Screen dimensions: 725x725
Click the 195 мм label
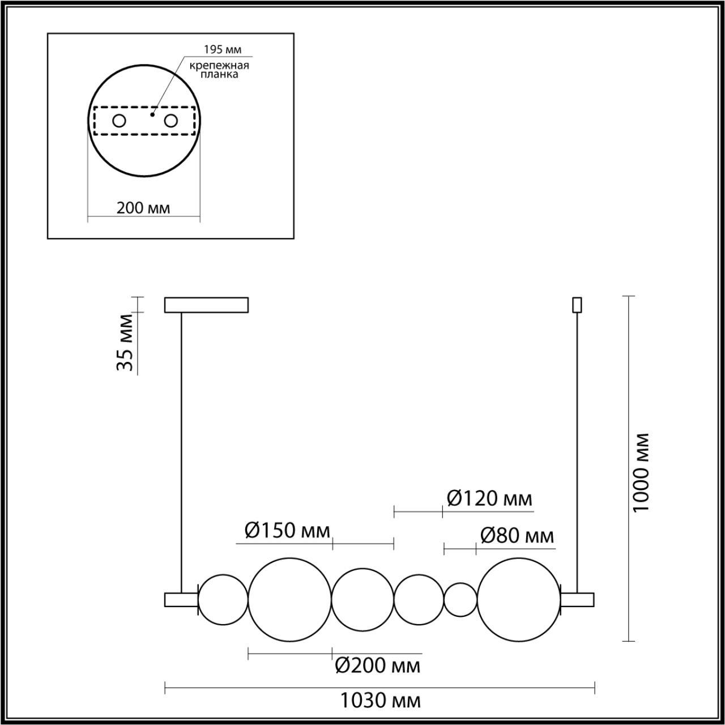[x=223, y=49]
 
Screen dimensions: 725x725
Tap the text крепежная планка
[x=219, y=70]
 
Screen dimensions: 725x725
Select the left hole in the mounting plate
[x=120, y=121]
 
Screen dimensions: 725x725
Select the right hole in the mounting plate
[x=171, y=121]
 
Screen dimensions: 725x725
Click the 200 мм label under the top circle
[x=143, y=208]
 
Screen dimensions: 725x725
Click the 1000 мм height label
[x=641, y=472]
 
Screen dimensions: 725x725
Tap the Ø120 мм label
[x=489, y=499]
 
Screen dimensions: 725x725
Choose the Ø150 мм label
[x=287, y=531]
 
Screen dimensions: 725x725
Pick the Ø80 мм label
[x=517, y=536]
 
